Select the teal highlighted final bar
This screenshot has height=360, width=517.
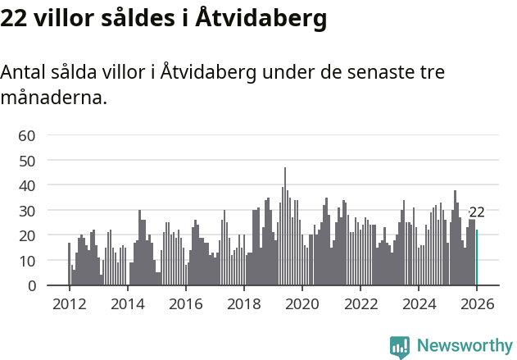tap(477, 257)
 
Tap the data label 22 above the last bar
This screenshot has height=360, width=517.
tap(477, 212)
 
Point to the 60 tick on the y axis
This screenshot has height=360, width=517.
tap(27, 135)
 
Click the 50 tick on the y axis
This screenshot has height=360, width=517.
tap(27, 161)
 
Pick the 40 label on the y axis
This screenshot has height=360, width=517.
tap(27, 185)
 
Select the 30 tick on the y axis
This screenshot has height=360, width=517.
tap(27, 211)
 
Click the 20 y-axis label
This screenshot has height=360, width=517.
tap(27, 235)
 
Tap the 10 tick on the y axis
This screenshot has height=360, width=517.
tap(27, 261)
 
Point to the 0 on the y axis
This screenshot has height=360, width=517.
tap(31, 286)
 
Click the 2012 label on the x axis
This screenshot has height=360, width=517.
tap(69, 303)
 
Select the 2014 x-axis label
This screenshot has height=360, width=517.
tap(127, 303)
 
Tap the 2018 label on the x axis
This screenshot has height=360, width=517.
tap(243, 303)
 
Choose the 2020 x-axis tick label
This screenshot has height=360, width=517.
tap(302, 303)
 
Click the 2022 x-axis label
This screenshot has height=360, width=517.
tap(361, 303)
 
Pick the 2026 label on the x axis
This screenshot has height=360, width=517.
tap(477, 303)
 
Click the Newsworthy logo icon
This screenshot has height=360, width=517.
tap(400, 347)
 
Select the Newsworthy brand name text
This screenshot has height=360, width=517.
tap(464, 346)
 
